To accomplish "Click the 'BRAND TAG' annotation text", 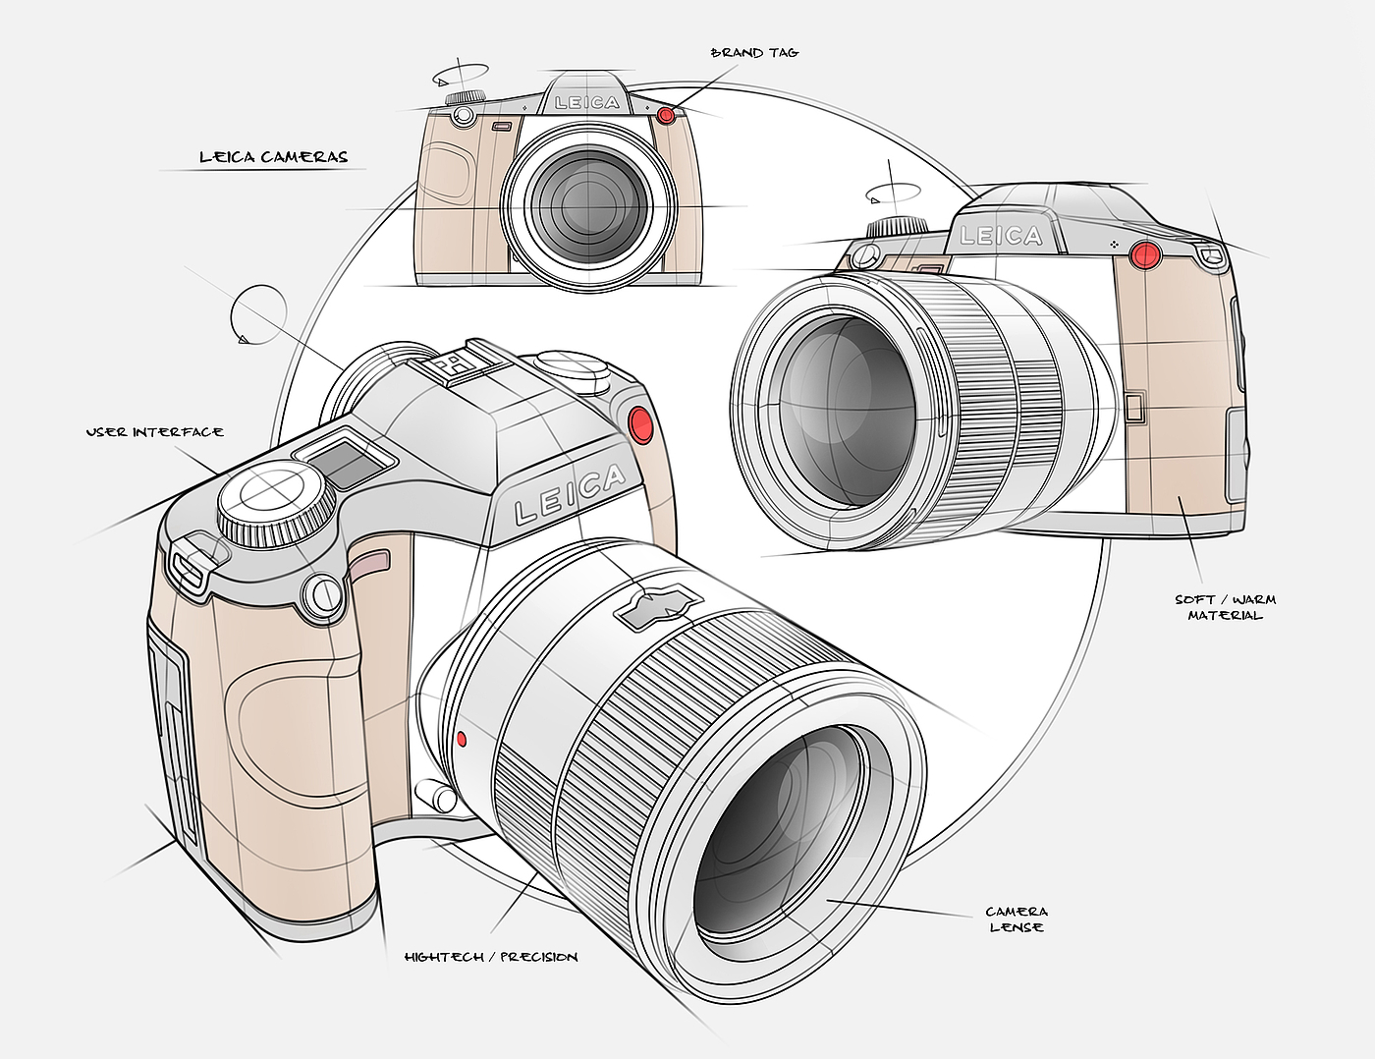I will pos(754,52).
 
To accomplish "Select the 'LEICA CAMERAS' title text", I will pos(273,156).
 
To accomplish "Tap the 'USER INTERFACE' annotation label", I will pos(154,432).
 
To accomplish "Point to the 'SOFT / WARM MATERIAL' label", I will pos(1225,607).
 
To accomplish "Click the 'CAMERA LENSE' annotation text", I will pos(1017,920).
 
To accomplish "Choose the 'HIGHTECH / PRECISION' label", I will pos(491,957).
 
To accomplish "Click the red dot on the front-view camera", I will pos(666,116).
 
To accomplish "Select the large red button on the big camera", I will pos(641,424).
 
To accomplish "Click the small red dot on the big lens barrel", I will pos(462,737).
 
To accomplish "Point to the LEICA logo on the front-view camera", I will pos(587,102).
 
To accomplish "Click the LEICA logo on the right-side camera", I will pos(1001,236).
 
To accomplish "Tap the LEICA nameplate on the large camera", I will pos(570,495).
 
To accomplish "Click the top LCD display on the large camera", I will pos(346,461).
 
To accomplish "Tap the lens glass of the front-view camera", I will pos(587,204).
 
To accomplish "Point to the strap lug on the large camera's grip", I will pos(192,567).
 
